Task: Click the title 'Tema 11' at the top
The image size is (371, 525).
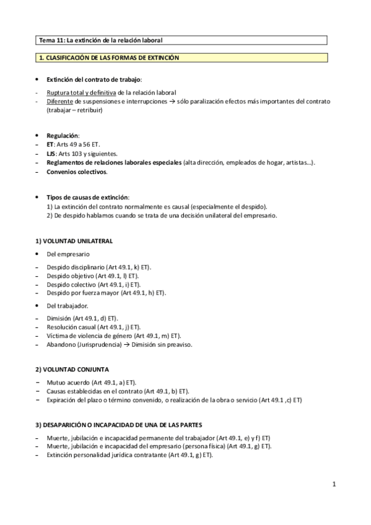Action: [51, 40]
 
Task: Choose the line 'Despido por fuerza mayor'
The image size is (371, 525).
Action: [82, 293]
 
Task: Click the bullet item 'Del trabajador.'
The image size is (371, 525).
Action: [68, 306]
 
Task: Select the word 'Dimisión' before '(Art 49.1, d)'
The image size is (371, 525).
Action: [59, 318]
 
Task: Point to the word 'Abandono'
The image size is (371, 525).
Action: [60, 344]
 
